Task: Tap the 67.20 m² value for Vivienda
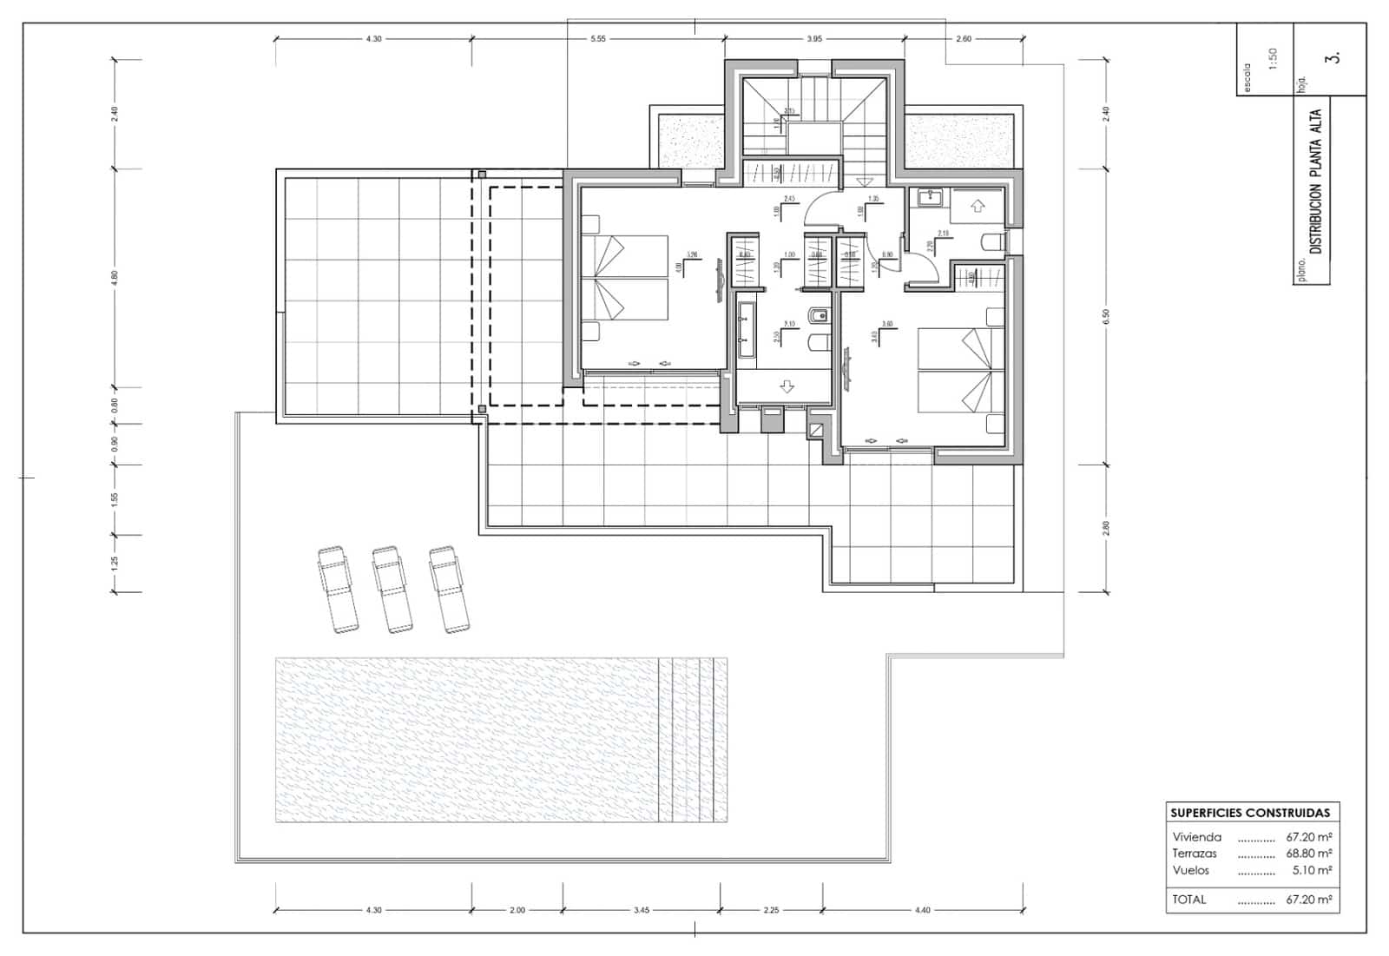coord(1308,838)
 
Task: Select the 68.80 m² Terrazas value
coord(1308,854)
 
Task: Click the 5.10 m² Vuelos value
coord(1312,870)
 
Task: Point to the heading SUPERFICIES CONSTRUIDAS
coord(1249,814)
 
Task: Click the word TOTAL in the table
coord(1188,900)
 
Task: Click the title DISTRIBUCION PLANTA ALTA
coord(1315,181)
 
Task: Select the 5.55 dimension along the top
coord(597,39)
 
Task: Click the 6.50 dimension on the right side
coord(1106,317)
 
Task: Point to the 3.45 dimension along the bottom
coord(641,910)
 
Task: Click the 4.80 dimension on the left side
coord(115,278)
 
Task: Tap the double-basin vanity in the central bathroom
coord(744,330)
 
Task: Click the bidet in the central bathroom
coord(818,315)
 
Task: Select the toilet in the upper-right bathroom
coord(991,241)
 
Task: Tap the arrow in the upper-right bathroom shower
coord(978,207)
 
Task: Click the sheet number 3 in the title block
coord(1334,58)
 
